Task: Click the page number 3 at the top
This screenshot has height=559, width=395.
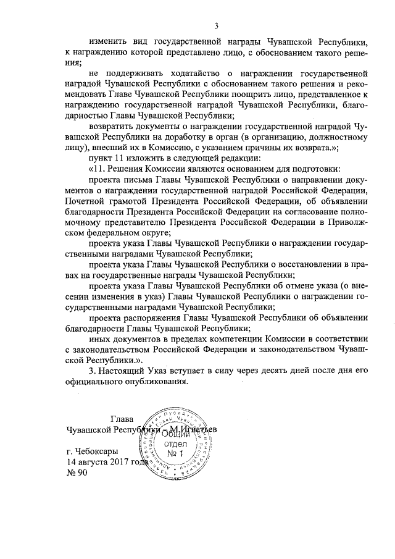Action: (x=216, y=25)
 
